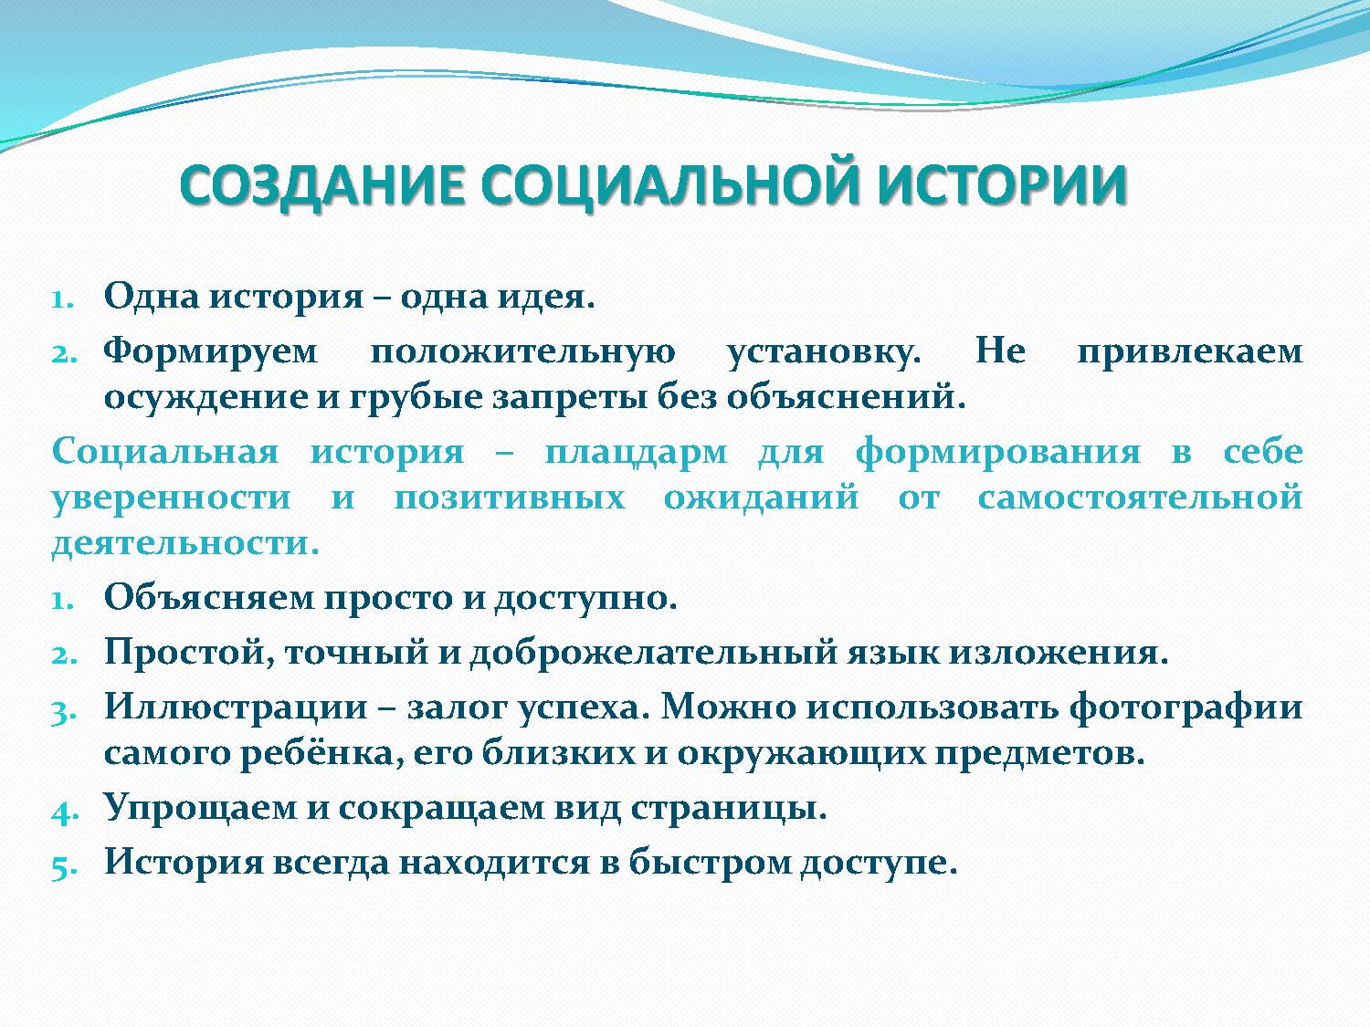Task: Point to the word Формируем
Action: click(211, 352)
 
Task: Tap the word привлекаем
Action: click(1189, 352)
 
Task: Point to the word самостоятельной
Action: click(1139, 498)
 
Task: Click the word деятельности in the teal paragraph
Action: click(185, 545)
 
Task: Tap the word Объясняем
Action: click(209, 598)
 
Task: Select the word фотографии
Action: click(1186, 707)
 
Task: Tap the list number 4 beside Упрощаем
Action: click(61, 811)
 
